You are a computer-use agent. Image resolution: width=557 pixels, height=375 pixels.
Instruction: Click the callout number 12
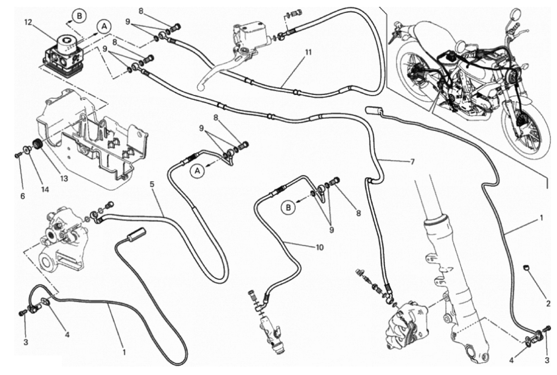point(28,22)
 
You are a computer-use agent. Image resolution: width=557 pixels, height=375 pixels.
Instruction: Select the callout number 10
point(320,247)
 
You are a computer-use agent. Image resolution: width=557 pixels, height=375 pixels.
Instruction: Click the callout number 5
point(152,184)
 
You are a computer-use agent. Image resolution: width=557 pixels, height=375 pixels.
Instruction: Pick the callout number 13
point(64,178)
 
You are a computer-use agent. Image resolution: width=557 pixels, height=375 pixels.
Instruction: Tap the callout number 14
point(45,189)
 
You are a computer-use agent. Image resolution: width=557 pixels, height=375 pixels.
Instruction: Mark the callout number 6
point(23,197)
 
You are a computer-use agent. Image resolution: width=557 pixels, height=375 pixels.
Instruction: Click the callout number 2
point(548,304)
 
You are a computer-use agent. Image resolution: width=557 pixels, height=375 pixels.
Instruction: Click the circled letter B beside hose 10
point(288,208)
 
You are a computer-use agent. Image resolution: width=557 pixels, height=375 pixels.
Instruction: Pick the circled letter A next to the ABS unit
point(104,27)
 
